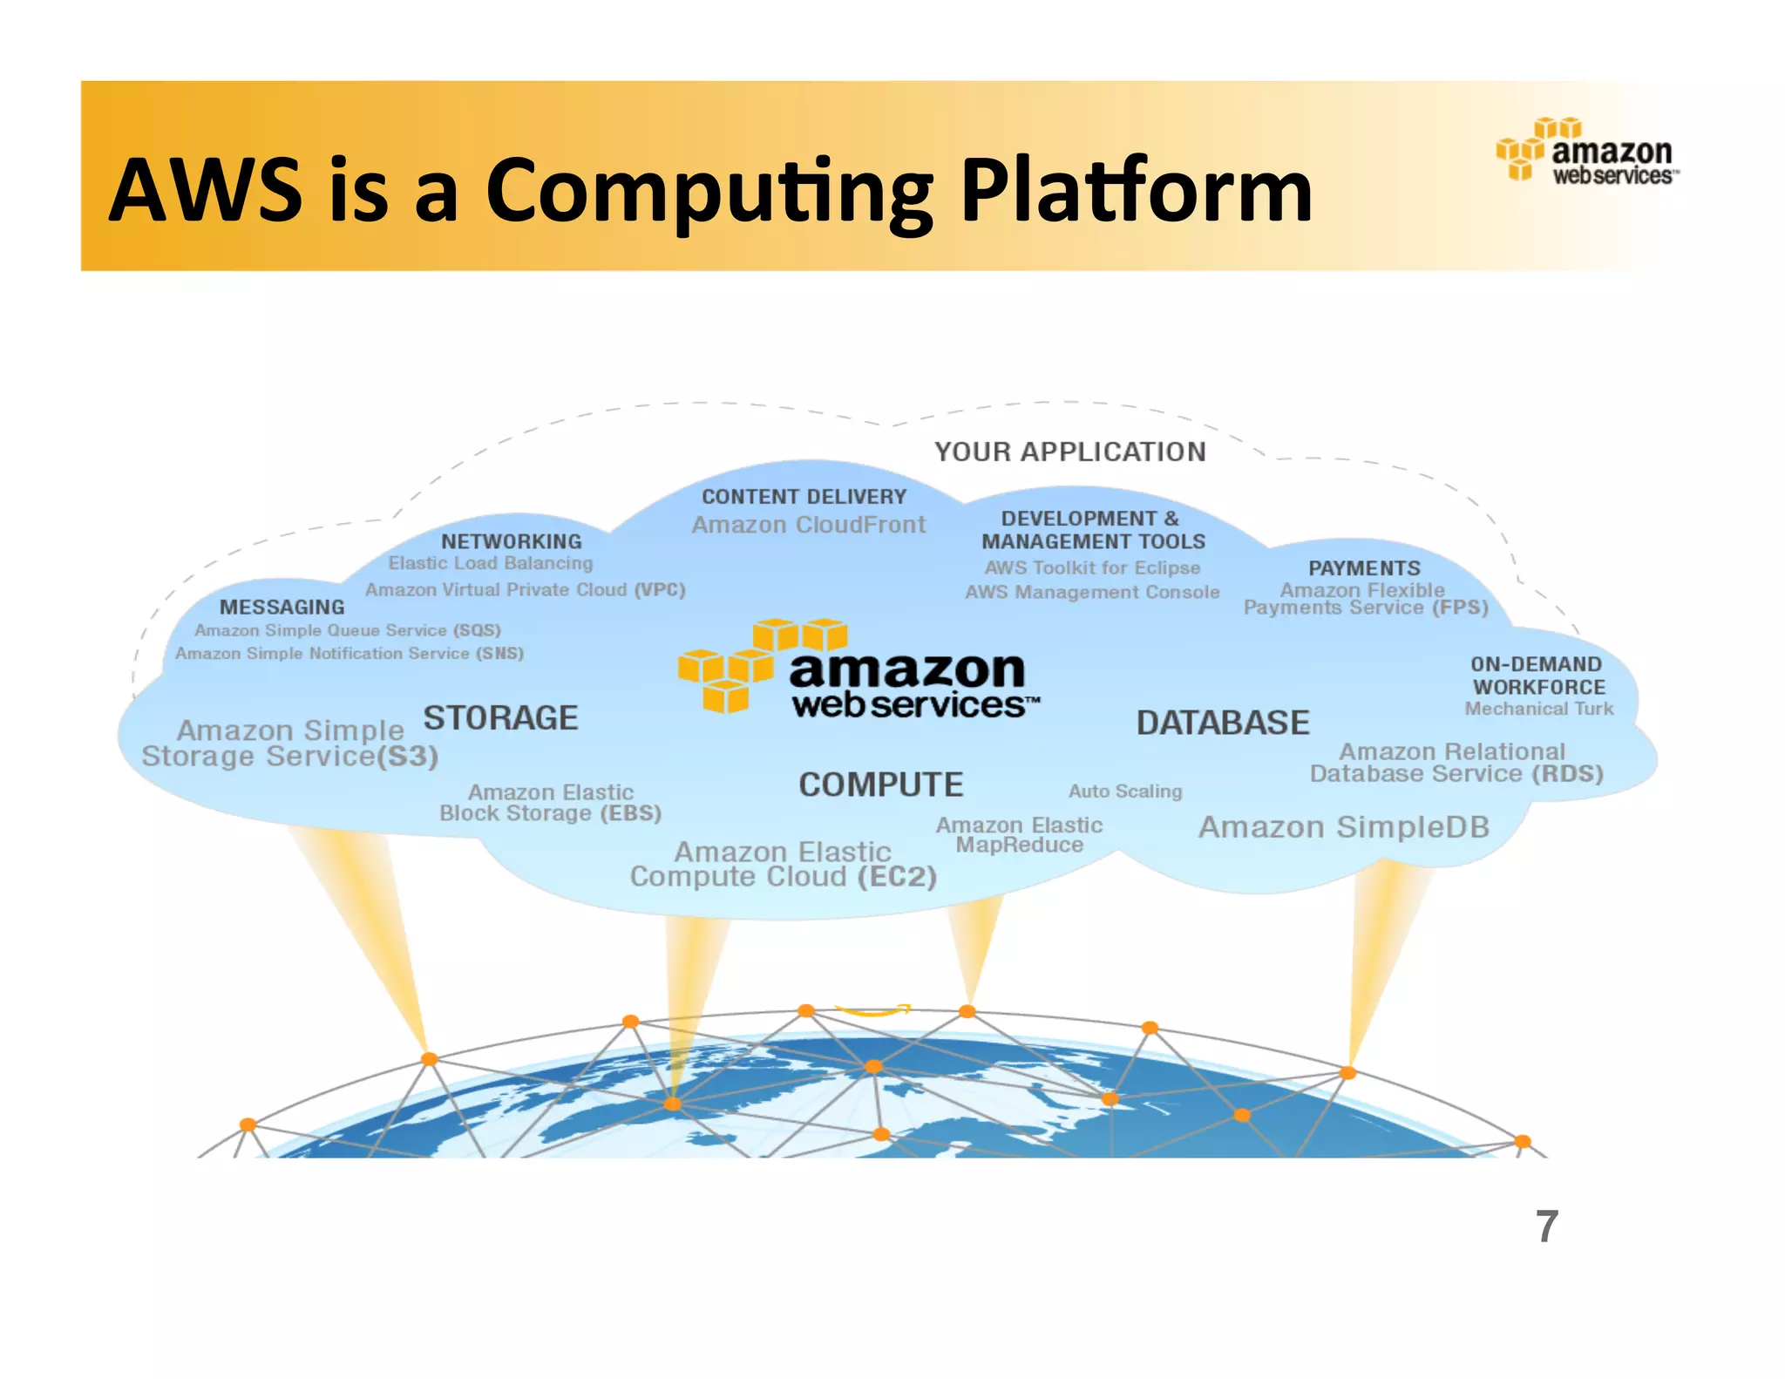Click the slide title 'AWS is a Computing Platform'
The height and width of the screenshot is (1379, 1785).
pyautogui.click(x=709, y=190)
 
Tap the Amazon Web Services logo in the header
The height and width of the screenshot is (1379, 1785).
pyautogui.click(x=1587, y=152)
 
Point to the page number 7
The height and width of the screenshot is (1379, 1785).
pyautogui.click(x=1546, y=1226)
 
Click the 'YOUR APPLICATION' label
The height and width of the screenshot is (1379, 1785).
pyautogui.click(x=1070, y=452)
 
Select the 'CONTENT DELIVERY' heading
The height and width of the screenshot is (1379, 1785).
pyautogui.click(x=804, y=497)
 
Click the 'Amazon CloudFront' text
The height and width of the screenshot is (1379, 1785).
pyautogui.click(x=808, y=525)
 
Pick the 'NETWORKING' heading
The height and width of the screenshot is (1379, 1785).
pyautogui.click(x=511, y=541)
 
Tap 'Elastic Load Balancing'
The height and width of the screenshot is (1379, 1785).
pyautogui.click(x=490, y=563)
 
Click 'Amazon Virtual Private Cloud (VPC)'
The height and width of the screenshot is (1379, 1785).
pyautogui.click(x=525, y=590)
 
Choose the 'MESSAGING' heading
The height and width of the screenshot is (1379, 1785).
pyautogui.click(x=282, y=607)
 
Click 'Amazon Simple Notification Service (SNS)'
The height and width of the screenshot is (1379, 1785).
pyautogui.click(x=349, y=653)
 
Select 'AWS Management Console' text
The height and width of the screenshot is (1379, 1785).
pyautogui.click(x=1092, y=592)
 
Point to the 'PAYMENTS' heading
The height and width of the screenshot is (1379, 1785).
pyautogui.click(x=1364, y=568)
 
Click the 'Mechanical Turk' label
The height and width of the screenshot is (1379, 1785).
pyautogui.click(x=1538, y=709)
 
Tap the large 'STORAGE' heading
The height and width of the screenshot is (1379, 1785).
pyautogui.click(x=500, y=718)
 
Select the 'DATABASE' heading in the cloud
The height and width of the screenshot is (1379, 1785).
pyautogui.click(x=1222, y=723)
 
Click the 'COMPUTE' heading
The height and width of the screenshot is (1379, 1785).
pyautogui.click(x=880, y=785)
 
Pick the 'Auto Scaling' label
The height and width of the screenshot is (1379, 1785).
pyautogui.click(x=1125, y=791)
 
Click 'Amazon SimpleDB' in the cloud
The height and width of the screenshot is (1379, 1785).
pyautogui.click(x=1343, y=826)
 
